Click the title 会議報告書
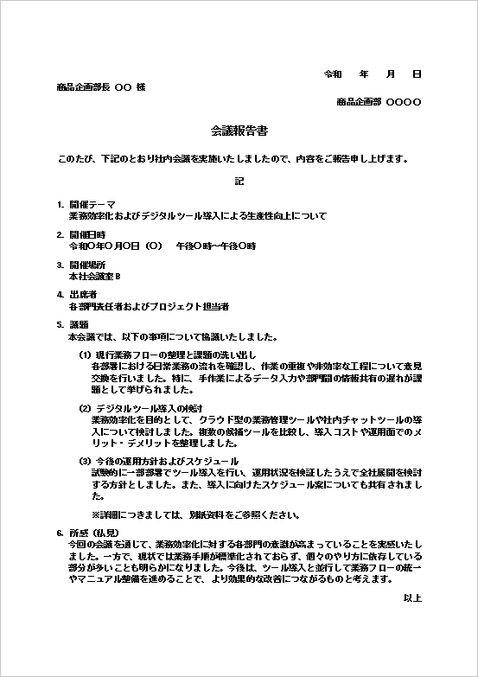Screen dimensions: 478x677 tap(239, 131)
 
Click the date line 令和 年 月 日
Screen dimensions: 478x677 tap(372, 74)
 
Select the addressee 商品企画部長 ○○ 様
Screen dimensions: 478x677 tap(101, 87)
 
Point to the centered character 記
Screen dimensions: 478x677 tap(239, 182)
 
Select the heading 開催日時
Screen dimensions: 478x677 tap(87, 234)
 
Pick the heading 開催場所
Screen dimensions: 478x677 tap(87, 264)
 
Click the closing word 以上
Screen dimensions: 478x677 tap(412, 597)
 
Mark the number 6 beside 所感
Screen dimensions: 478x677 tap(60, 533)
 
